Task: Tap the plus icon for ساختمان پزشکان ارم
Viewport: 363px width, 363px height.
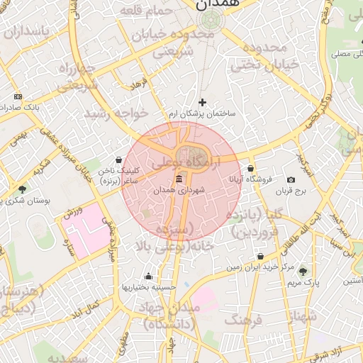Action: pos(203,103)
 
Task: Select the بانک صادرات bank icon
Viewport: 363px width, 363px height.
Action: pos(18,96)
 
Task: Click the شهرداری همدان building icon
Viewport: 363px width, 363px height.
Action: pos(178,178)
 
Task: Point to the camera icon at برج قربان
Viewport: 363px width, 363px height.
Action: pos(291,180)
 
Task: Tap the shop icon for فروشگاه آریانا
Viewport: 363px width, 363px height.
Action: pos(251,169)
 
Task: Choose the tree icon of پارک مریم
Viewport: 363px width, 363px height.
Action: pos(303,271)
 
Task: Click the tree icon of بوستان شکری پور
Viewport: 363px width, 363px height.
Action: pos(22,189)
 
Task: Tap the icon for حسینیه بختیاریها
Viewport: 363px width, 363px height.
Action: pos(148,276)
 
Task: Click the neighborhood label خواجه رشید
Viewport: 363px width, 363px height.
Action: pos(116,113)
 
